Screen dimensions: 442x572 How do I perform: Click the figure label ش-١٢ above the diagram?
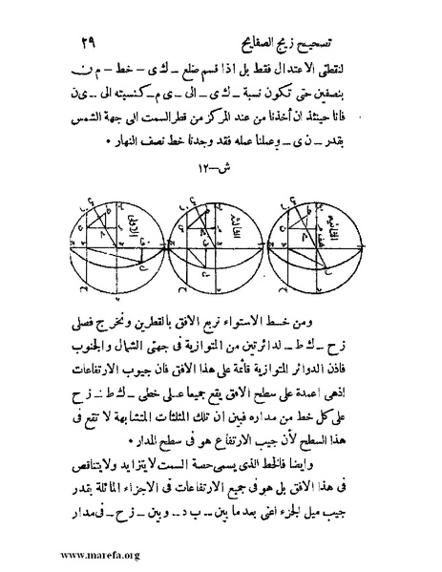point(222,171)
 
